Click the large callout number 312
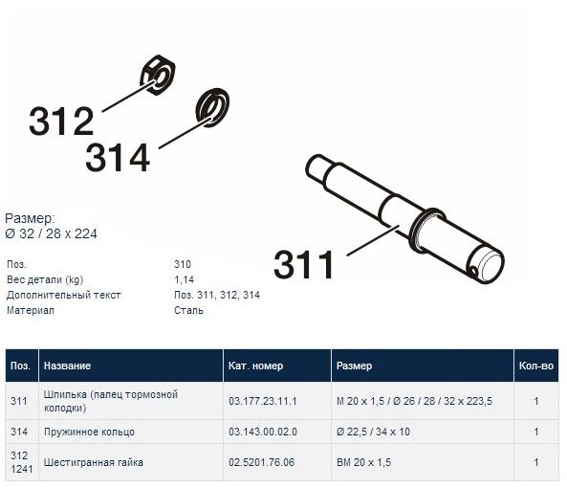pyautogui.click(x=61, y=122)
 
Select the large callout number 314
pyautogui.click(x=118, y=157)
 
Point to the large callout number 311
pyautogui.click(x=303, y=264)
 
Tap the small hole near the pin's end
pyautogui.click(x=473, y=271)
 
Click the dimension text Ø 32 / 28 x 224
pyautogui.click(x=51, y=234)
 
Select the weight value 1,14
pyautogui.click(x=184, y=279)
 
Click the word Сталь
pyautogui.click(x=188, y=310)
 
